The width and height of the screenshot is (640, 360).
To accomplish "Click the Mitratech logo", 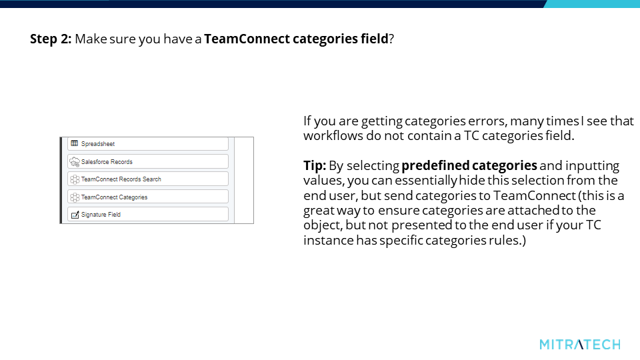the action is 579,345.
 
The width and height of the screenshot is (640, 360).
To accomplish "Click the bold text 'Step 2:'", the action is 51,39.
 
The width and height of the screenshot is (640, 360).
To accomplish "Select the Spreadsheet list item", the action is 148,144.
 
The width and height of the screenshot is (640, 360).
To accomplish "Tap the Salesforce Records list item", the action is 148,161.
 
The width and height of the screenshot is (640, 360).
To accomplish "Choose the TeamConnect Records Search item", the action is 148,179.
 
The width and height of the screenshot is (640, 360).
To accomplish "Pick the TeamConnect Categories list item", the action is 148,197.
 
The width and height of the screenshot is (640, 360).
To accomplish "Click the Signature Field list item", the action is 148,214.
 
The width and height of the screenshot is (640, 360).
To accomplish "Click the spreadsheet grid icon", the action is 74,143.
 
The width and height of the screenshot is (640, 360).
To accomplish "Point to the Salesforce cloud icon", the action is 74,162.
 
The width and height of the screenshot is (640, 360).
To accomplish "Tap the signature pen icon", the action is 75,215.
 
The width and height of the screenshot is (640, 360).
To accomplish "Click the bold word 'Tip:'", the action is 315,166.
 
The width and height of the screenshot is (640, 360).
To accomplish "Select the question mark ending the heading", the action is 391,39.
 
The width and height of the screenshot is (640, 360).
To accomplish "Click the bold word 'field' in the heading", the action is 374,39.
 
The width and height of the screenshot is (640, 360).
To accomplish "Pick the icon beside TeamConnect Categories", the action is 74,197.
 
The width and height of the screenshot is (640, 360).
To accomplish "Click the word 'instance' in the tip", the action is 328,241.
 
